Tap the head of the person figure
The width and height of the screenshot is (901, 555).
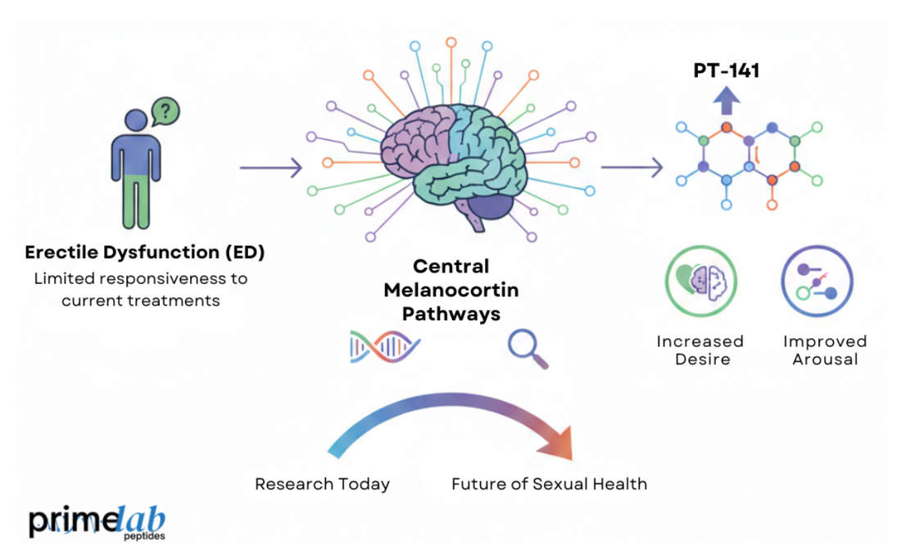131,127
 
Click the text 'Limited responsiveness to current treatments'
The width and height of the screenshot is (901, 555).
140,289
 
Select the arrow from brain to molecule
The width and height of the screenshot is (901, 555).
632,168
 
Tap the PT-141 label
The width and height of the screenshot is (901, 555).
727,71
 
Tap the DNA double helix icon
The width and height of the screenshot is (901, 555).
384,346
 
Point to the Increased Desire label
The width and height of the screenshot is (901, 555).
700,350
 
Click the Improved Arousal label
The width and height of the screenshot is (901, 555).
824,350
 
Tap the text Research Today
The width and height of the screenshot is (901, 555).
322,484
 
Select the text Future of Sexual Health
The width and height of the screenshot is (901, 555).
549,484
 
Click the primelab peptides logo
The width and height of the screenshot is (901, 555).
97,521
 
